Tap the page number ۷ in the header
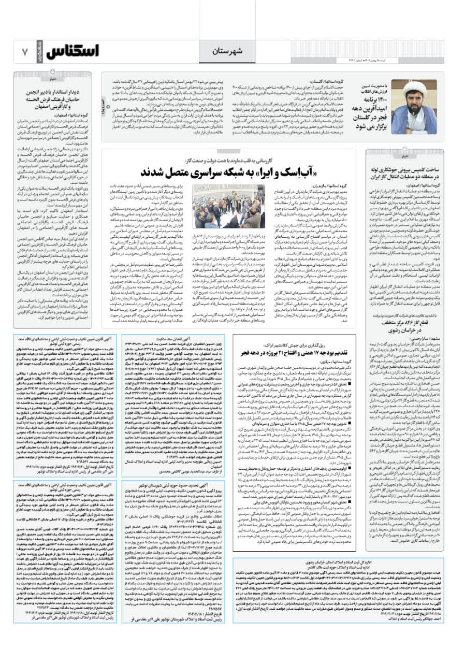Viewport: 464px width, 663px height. point(24,52)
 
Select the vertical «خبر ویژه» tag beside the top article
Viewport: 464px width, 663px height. point(104,110)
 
